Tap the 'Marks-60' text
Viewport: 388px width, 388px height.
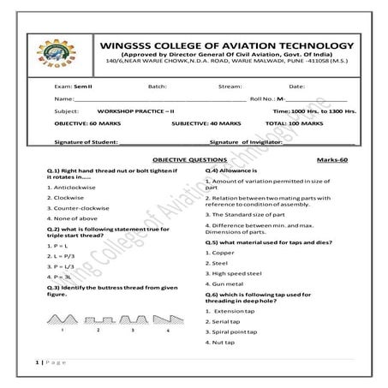click(332, 160)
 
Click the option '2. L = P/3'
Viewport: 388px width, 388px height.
click(63, 256)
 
